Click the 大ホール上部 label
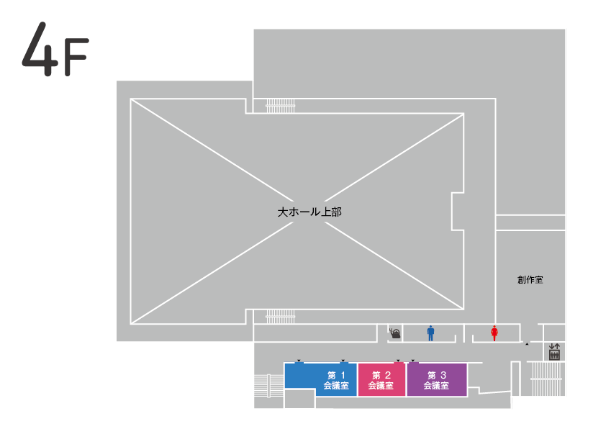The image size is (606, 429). coord(309,212)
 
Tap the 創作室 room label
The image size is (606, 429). coord(529,279)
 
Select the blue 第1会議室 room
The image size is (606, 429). coord(320,379)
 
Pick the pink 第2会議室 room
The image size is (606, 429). coord(381,379)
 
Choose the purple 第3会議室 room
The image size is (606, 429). coord(437,379)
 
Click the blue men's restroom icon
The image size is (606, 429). coord(431,333)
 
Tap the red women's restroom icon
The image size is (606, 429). coord(494,333)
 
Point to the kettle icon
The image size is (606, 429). coord(394,333)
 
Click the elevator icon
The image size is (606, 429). coord(554,352)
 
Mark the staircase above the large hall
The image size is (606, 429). coord(281,106)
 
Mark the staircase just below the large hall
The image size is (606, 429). coord(281,315)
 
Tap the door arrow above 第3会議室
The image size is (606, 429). coord(413,361)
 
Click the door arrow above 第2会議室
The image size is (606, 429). coord(398,361)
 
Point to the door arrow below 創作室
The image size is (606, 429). coord(527,344)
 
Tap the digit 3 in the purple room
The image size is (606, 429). coord(443,375)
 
